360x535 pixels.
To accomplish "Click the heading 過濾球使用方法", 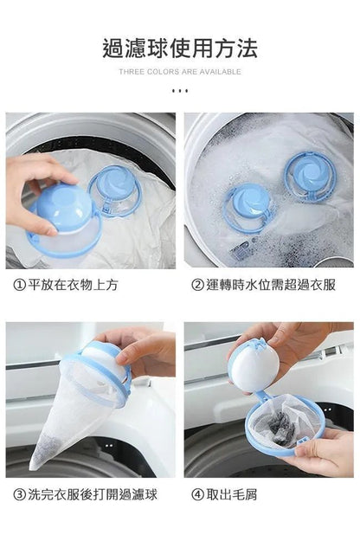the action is [x=180, y=48].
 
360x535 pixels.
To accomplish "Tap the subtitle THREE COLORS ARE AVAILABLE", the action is [x=180, y=72].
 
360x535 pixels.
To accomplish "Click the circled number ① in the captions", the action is [x=19, y=285].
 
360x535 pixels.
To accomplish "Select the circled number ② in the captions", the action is [x=197, y=285].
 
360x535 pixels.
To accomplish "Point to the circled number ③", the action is [x=19, y=494].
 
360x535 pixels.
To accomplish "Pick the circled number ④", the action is [x=197, y=494].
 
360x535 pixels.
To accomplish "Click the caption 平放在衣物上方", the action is [x=73, y=285].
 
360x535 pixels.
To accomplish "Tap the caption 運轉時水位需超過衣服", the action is [x=271, y=285].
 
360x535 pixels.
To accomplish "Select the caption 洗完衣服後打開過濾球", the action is [x=93, y=494].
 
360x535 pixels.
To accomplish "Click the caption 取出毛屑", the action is [x=232, y=494].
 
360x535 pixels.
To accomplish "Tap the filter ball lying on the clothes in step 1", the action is [x=114, y=190].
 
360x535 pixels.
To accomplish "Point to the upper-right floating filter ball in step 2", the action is [x=310, y=177].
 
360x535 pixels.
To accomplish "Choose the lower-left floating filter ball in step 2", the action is [x=247, y=207].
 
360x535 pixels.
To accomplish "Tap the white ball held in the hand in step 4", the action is [x=254, y=366].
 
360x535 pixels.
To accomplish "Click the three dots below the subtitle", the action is [x=180, y=91].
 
